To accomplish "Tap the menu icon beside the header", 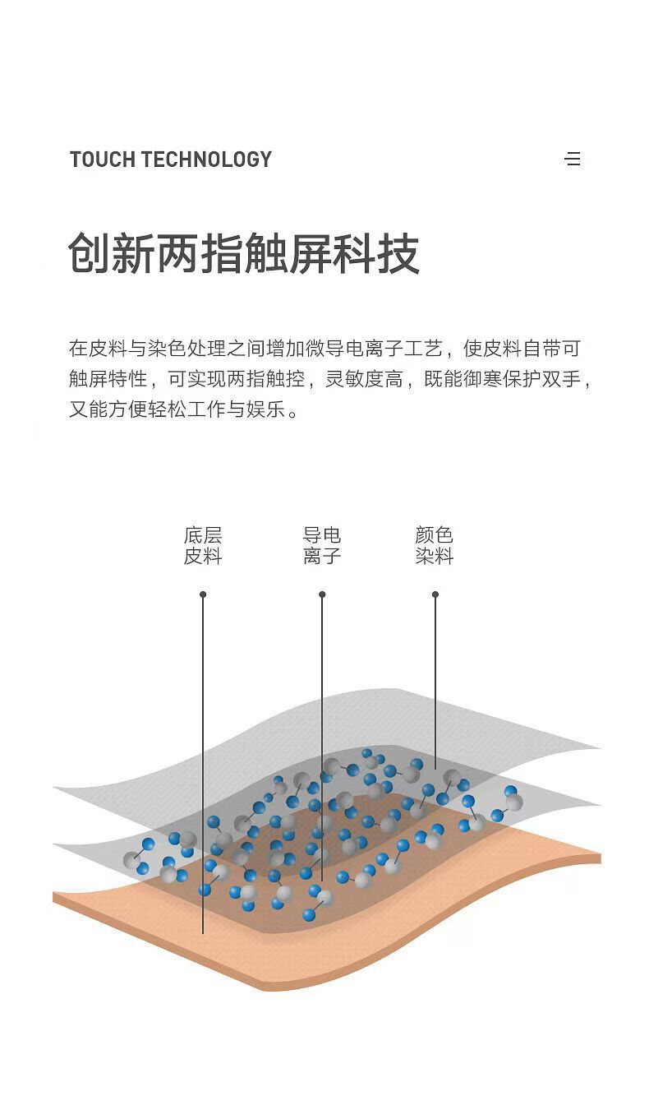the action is pyautogui.click(x=573, y=159).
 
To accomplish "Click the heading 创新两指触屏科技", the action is pyautogui.click(x=244, y=253).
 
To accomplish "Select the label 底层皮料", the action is pyautogui.click(x=203, y=546).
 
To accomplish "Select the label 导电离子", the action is pyautogui.click(x=322, y=546).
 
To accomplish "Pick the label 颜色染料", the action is pyautogui.click(x=435, y=546).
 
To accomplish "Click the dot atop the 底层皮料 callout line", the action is pyautogui.click(x=203, y=594).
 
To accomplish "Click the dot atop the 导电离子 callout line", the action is pyautogui.click(x=322, y=594).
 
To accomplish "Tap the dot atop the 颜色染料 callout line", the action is pyautogui.click(x=435, y=594).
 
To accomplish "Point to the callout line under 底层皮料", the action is pyautogui.click(x=203, y=740).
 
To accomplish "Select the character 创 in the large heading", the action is pyautogui.click(x=90, y=253).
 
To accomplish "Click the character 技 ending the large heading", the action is pyautogui.click(x=398, y=253).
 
